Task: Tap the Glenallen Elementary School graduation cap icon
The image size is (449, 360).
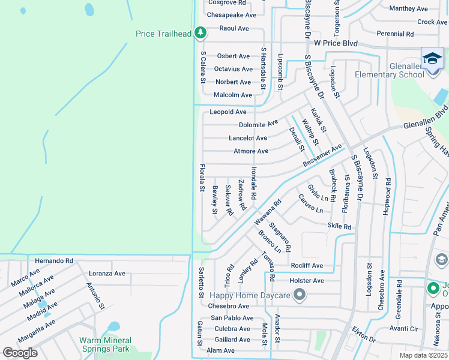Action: (432, 59)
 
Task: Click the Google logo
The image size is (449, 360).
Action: (20, 353)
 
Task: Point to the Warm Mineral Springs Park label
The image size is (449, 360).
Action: (104, 344)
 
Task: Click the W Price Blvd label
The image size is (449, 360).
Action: (340, 44)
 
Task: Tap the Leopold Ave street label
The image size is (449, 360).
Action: (228, 112)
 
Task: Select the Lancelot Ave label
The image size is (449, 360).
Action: (248, 138)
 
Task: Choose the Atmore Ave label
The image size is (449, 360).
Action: (250, 151)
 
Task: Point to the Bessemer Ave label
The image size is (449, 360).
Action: (322, 155)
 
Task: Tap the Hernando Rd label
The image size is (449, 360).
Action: (53, 261)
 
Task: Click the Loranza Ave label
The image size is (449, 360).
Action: (107, 273)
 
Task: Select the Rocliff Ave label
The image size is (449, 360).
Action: (306, 266)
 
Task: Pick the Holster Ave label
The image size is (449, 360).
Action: (307, 280)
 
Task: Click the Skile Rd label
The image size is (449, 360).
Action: (339, 226)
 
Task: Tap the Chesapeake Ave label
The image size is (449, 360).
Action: (231, 15)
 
